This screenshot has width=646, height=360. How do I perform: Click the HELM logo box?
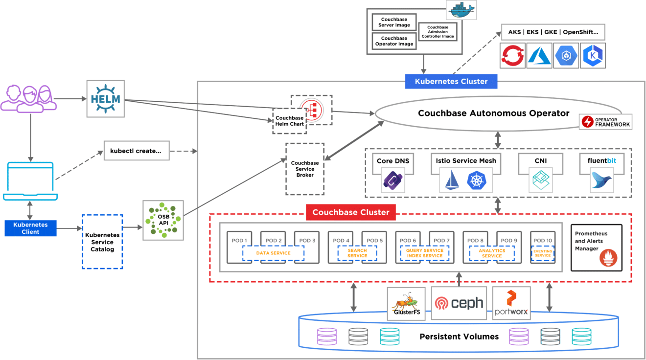pyautogui.click(x=105, y=98)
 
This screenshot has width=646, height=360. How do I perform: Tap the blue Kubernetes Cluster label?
pyautogui.click(x=451, y=81)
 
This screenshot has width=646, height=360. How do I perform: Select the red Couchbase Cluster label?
pyautogui.click(x=350, y=212)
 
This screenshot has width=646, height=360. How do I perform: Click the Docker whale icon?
pyautogui.click(x=461, y=10)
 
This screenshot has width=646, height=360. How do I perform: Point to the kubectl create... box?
pyautogui.click(x=136, y=151)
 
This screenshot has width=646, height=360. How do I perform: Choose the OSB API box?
pyautogui.click(x=163, y=220)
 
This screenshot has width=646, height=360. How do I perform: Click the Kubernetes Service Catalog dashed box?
pyautogui.click(x=102, y=242)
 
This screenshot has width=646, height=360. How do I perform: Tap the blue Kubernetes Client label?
pyautogui.click(x=30, y=228)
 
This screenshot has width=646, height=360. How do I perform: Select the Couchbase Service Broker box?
pyautogui.click(x=304, y=169)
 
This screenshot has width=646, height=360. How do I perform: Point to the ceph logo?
pyautogui.click(x=459, y=303)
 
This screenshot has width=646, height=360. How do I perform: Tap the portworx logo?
pyautogui.click(x=511, y=303)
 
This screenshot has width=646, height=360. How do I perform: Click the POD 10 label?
pyautogui.click(x=542, y=240)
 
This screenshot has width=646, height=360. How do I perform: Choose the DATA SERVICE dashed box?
pyautogui.click(x=273, y=253)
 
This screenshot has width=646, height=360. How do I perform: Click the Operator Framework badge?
pyautogui.click(x=605, y=122)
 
